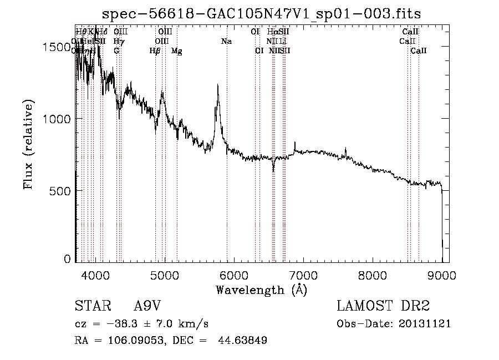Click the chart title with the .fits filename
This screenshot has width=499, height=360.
pyautogui.click(x=261, y=14)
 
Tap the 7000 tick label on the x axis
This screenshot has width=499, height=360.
pyautogui.click(x=303, y=275)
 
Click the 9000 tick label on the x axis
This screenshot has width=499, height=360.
pyautogui.click(x=442, y=275)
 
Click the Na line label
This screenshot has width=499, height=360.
pyautogui.click(x=226, y=41)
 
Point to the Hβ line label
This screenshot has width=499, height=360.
pyautogui.click(x=155, y=50)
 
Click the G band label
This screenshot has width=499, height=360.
pyautogui.click(x=116, y=50)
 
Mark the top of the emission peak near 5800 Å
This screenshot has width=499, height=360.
pyautogui.click(x=218, y=85)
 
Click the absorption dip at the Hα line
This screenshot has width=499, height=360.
pyautogui.click(x=273, y=169)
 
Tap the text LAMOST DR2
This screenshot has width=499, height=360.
pyautogui.click(x=383, y=307)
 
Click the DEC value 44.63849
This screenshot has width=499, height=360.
pyautogui.click(x=244, y=341)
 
